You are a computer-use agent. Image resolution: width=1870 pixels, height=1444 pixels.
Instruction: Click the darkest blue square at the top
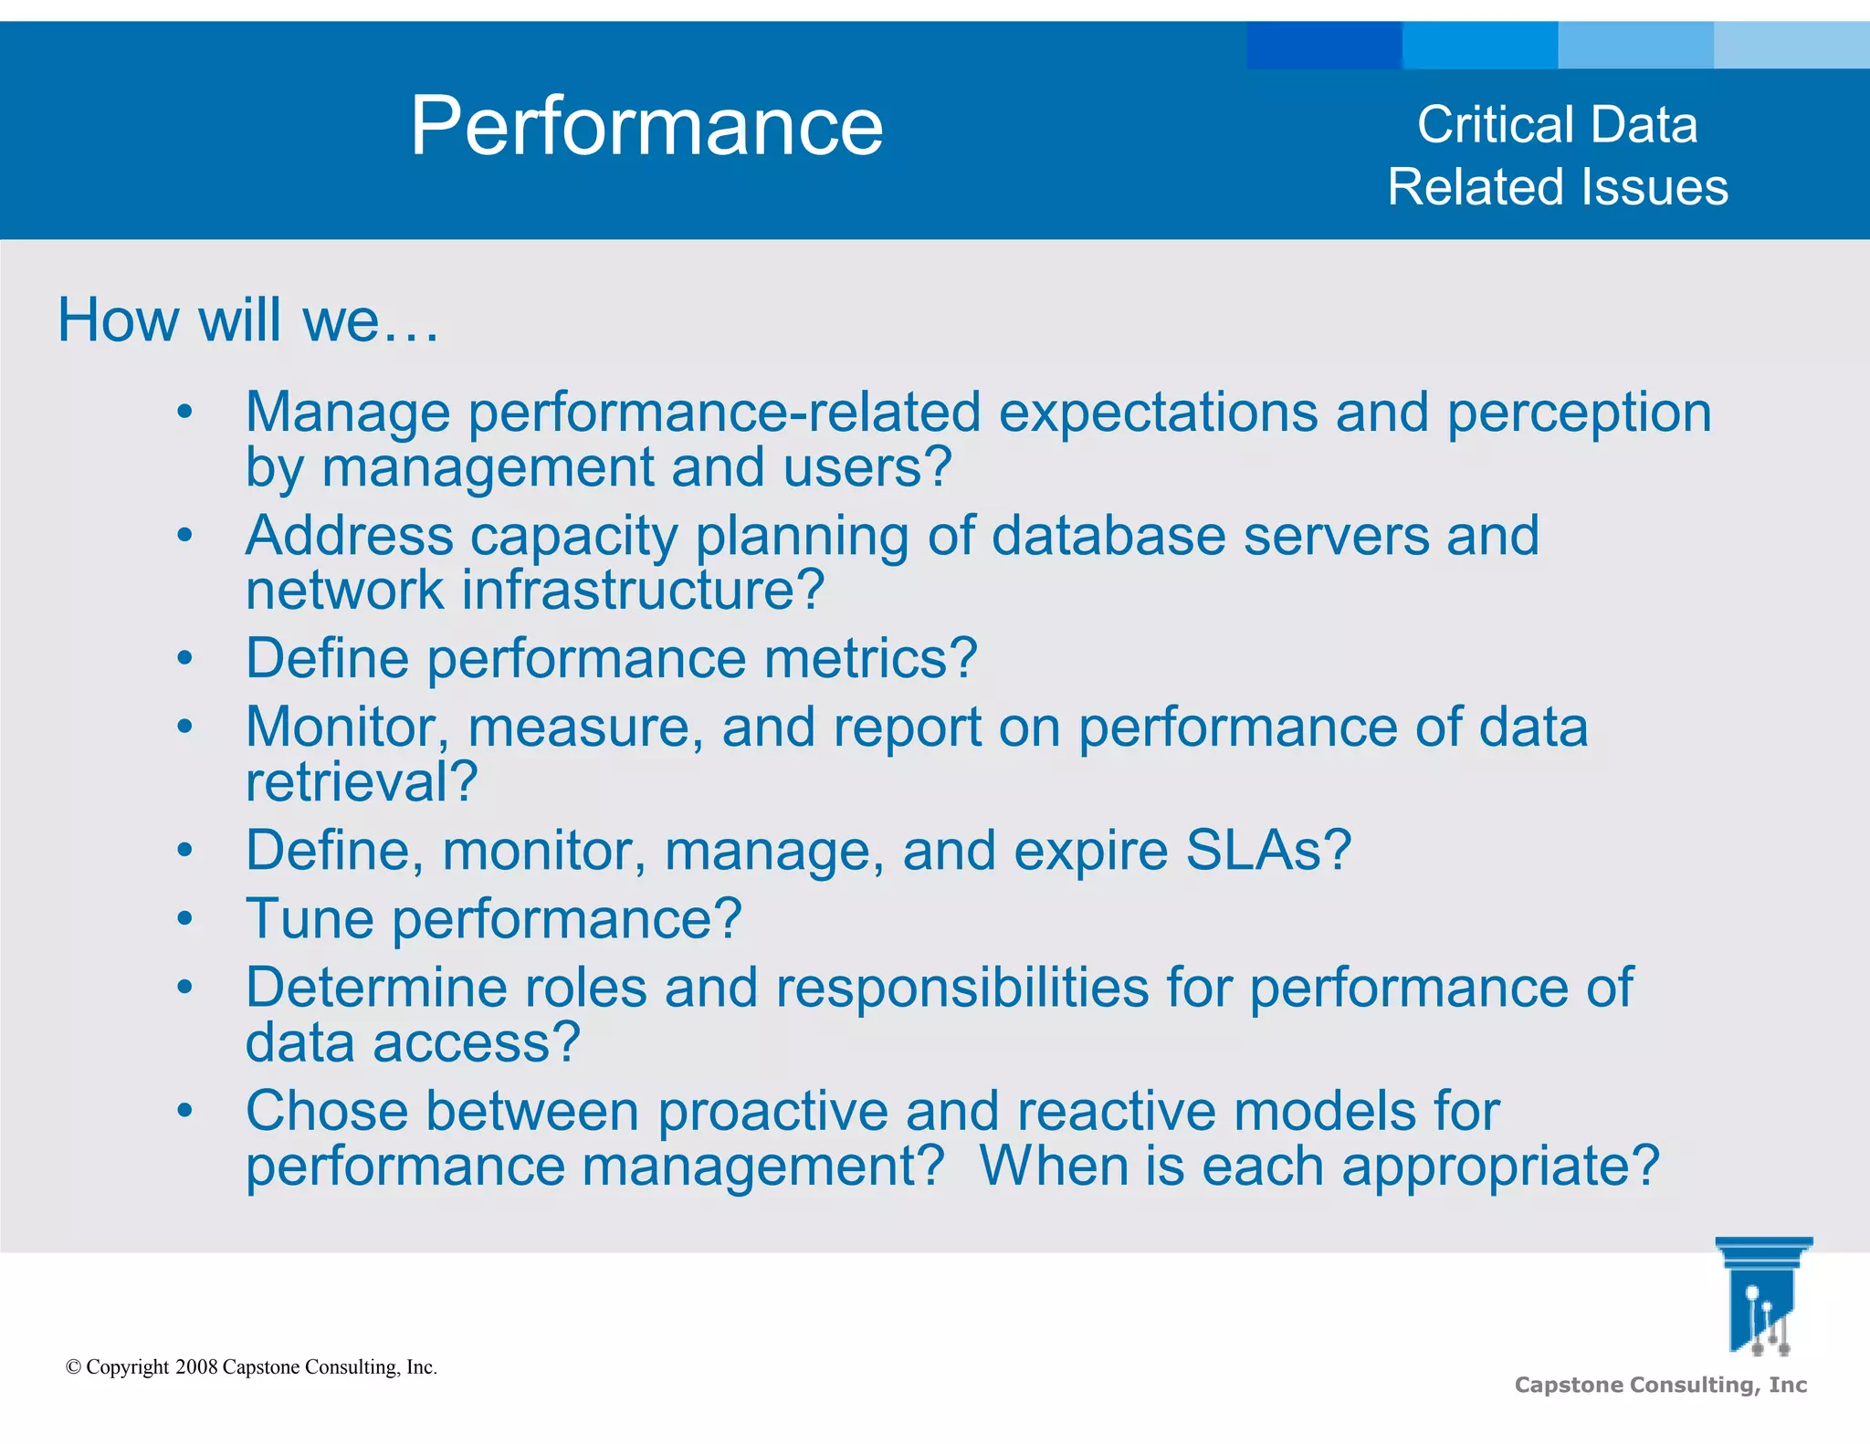pos(1323,46)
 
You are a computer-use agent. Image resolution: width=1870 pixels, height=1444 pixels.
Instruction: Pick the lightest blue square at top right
pos(1791,46)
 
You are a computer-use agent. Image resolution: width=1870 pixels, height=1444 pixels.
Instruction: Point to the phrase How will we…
pos(248,320)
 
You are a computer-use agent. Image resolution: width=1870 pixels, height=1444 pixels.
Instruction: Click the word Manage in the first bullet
pos(347,413)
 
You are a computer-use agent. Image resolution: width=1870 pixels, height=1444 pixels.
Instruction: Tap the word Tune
pos(310,919)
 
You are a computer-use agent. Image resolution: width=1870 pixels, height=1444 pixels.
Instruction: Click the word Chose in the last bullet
pos(327,1112)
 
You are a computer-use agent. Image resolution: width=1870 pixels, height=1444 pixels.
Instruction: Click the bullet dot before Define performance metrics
pos(184,658)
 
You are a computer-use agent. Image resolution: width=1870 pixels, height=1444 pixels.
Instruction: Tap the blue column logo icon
pos(1762,1296)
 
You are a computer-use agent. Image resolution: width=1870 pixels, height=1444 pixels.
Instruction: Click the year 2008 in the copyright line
pos(195,1367)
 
